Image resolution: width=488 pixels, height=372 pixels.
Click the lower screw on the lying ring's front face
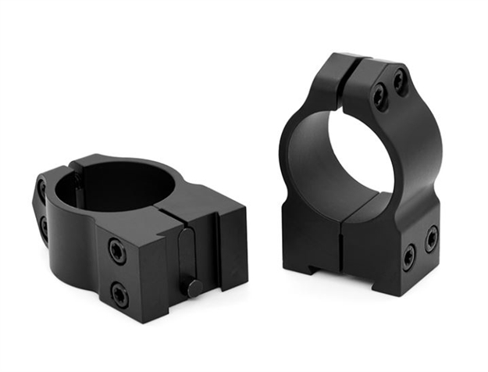(x=119, y=294)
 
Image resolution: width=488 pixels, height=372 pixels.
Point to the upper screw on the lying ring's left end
(x=40, y=191)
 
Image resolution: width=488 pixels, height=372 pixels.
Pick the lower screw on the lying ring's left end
(x=44, y=227)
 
